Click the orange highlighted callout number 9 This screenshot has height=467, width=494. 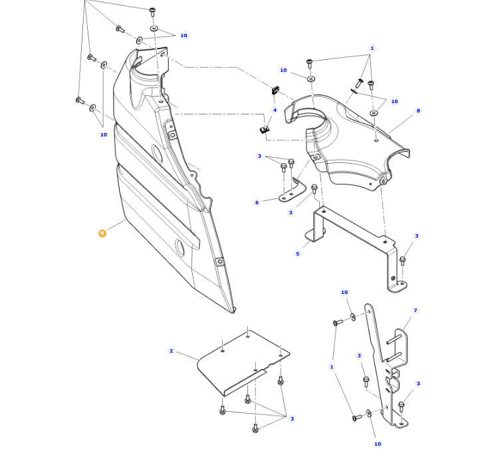tap(102, 234)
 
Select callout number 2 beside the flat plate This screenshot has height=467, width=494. tap(171, 351)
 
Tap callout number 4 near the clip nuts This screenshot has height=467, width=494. tap(275, 110)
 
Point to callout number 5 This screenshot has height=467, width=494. tap(298, 253)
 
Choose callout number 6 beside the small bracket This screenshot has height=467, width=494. tap(257, 203)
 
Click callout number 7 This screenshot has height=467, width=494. tap(416, 311)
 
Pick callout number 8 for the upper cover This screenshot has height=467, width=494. tap(418, 111)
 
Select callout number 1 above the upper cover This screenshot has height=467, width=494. tap(372, 49)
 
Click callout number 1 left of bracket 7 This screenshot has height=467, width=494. tap(332, 367)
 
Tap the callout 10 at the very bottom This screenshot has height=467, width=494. tap(378, 444)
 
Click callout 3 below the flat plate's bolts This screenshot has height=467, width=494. tap(292, 418)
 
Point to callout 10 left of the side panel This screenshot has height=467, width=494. tap(104, 135)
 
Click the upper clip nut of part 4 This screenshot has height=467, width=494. tap(275, 89)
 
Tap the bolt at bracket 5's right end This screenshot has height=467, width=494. tap(402, 260)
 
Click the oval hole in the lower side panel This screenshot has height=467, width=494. tap(180, 247)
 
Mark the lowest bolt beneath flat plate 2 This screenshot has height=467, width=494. tap(255, 428)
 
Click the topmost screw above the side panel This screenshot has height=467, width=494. tap(152, 11)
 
